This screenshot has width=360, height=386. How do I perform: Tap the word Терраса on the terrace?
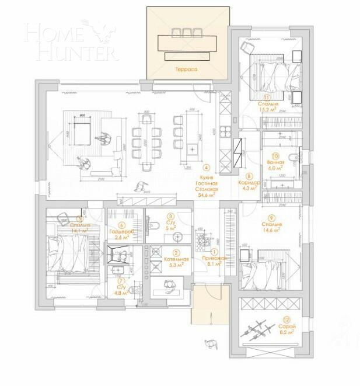(x=186, y=69)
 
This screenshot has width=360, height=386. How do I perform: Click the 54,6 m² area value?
(x=207, y=196)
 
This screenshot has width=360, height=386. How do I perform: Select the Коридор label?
(x=249, y=182)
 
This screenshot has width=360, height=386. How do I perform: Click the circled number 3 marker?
(x=170, y=215)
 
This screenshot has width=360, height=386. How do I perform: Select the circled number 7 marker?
(x=121, y=280)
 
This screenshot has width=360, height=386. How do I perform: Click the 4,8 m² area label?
(x=121, y=293)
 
